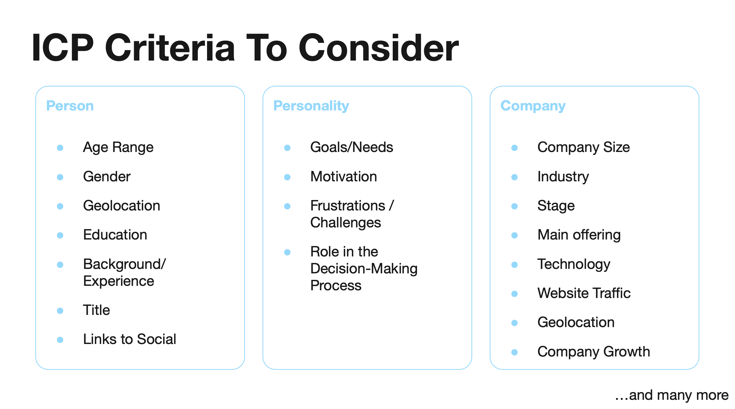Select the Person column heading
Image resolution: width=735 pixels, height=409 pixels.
tap(70, 106)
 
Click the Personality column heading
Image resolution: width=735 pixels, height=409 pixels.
tap(311, 106)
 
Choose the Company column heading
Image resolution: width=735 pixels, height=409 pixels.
tap(533, 106)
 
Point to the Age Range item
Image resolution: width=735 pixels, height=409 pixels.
tap(118, 148)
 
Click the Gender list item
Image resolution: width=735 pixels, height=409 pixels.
tap(107, 177)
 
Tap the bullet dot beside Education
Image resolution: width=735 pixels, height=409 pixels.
tap(60, 235)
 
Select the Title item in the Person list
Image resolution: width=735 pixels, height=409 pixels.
tap(96, 310)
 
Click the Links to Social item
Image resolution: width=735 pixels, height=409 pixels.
tap(130, 339)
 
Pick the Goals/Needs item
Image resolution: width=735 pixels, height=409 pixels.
tap(352, 147)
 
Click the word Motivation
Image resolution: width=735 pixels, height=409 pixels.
tap(344, 177)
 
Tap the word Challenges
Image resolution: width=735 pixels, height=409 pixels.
tap(346, 223)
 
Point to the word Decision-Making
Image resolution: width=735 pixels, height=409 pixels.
tap(364, 269)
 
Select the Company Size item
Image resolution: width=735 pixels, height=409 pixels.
tap(584, 148)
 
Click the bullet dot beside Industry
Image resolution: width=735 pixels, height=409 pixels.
tap(515, 177)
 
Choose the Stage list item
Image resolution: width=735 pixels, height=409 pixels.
tap(556, 206)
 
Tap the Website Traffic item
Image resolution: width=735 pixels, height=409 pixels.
tap(584, 293)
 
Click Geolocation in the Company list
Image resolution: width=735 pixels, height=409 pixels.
tap(576, 322)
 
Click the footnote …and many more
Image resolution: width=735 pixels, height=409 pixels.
tap(672, 395)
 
